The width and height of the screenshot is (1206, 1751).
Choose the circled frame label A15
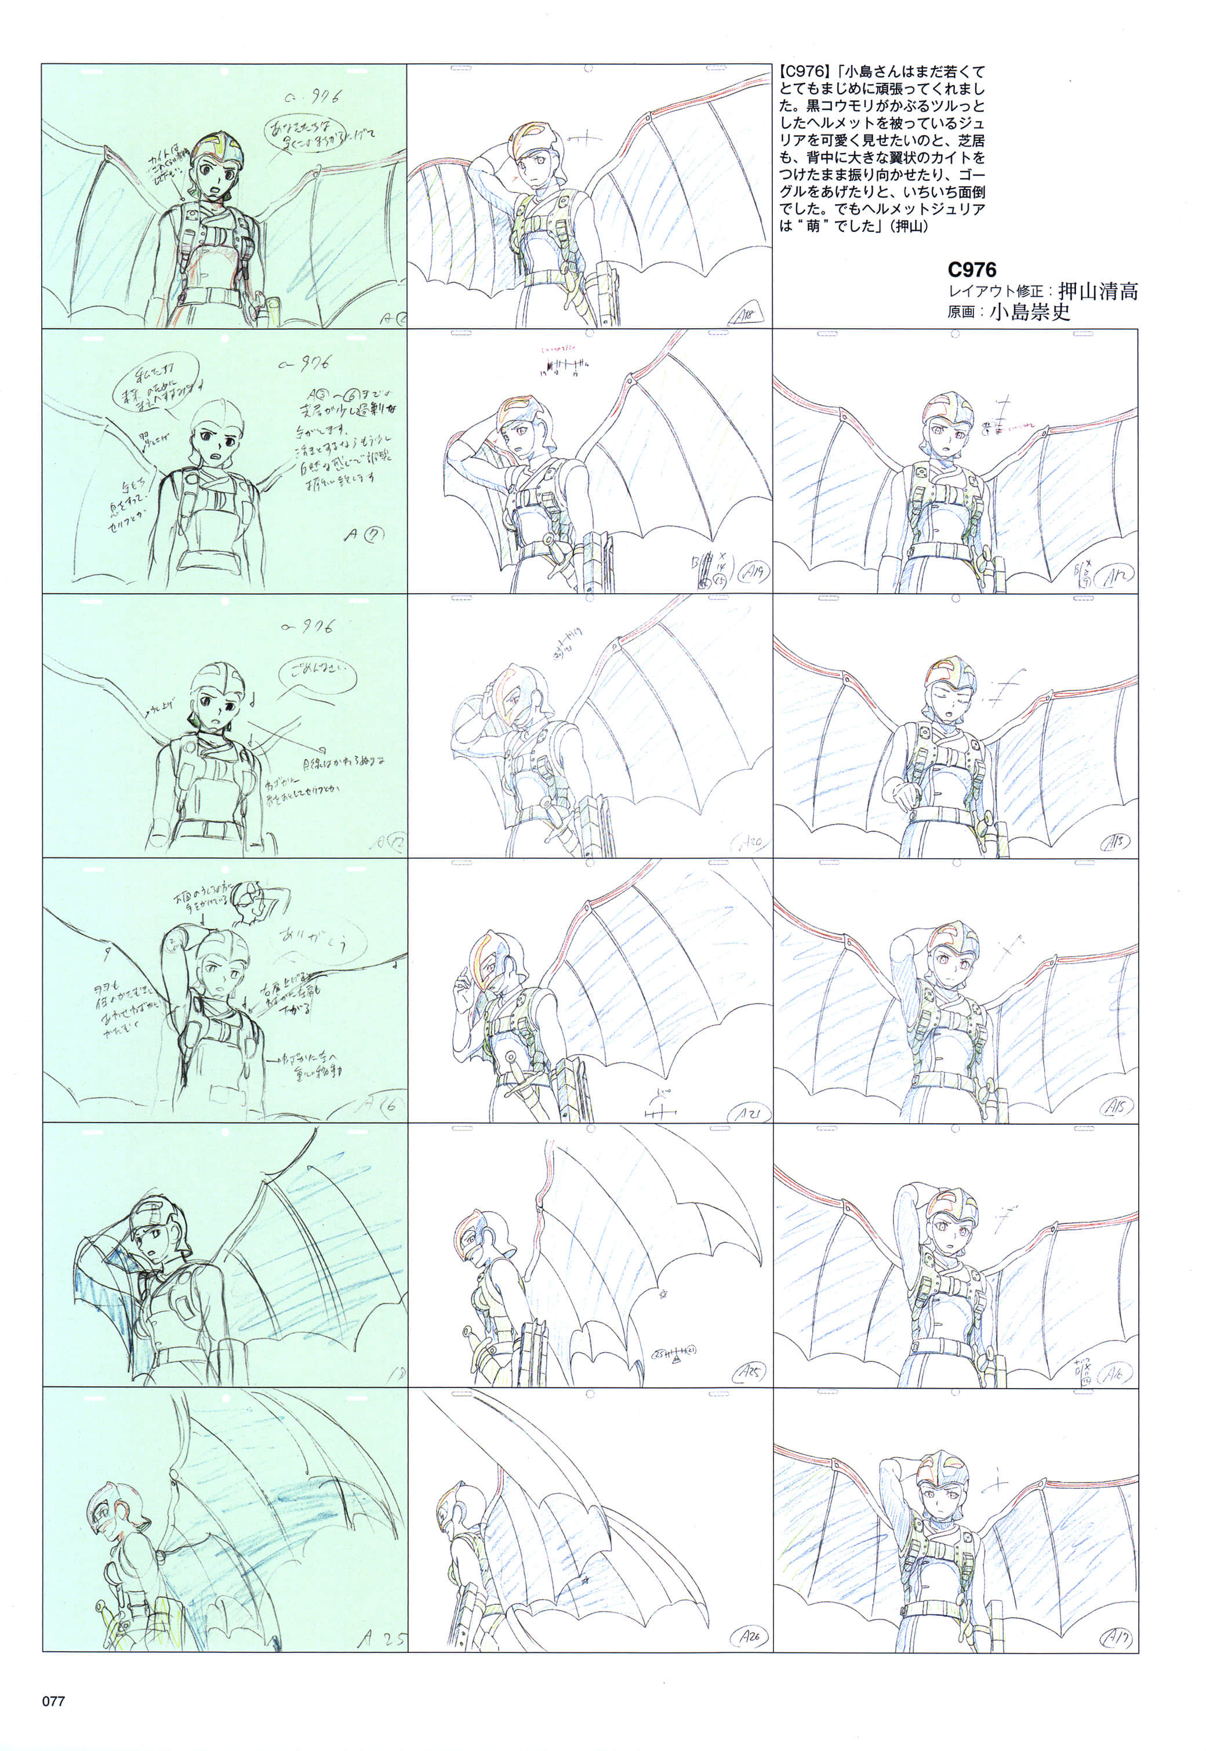[1116, 1106]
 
